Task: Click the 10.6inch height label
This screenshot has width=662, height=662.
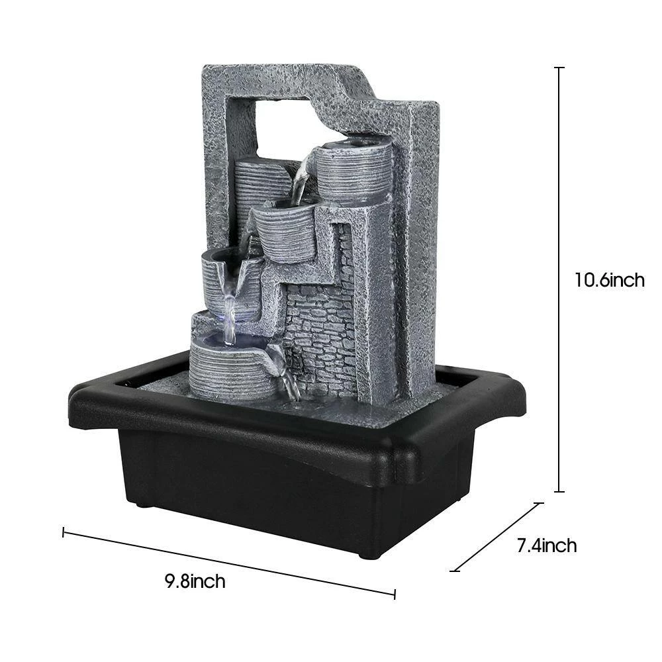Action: point(609,280)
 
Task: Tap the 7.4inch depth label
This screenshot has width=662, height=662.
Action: point(547,545)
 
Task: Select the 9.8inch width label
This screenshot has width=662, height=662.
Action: point(195,581)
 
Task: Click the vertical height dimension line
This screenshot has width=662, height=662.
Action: point(559,279)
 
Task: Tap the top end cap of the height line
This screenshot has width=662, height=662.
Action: point(559,68)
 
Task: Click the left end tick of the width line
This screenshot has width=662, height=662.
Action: point(64,532)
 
